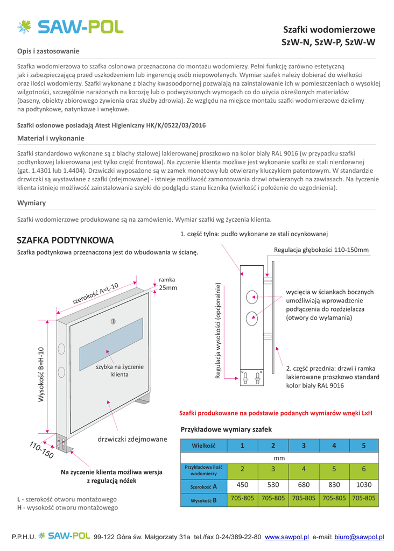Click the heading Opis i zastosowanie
[48, 51]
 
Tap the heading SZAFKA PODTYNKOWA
[66, 239]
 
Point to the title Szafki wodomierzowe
[329, 30]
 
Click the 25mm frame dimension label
[168, 288]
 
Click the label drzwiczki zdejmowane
[132, 439]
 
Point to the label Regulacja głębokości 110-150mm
[321, 250]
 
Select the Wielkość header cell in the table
[203, 446]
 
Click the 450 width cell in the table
[242, 485]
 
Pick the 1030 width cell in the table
[363, 485]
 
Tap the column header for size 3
[304, 446]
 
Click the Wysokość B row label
[203, 500]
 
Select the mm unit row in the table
[279, 458]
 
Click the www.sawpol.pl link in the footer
[287, 537]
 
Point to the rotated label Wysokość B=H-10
[41, 373]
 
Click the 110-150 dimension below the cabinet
[41, 450]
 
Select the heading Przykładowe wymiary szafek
[226, 429]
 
